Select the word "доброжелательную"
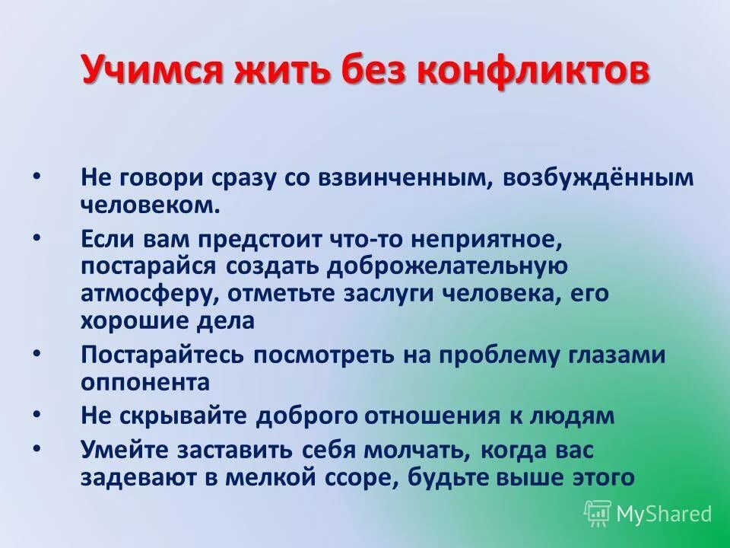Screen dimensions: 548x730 coord(447,266)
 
